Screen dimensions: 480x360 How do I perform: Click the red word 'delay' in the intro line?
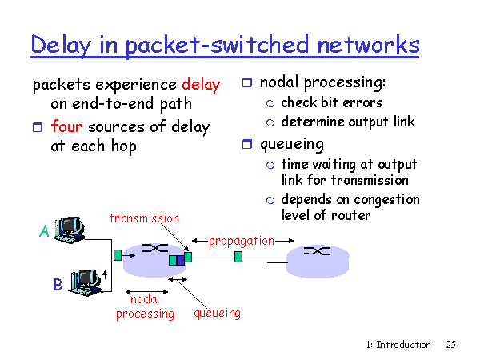click(201, 85)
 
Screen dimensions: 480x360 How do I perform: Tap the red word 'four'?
click(66, 126)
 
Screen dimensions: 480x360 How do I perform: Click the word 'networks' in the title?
click(368, 44)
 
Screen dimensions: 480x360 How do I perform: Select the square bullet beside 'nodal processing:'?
click(247, 82)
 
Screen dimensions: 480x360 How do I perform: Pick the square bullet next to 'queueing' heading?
click(247, 144)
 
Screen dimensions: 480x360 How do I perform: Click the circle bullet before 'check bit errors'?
click(270, 104)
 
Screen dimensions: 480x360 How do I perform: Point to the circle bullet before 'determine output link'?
click(270, 122)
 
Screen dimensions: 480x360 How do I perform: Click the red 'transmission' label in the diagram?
click(144, 218)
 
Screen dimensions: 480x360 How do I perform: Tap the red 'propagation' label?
click(242, 242)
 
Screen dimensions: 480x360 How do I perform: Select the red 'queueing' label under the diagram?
click(217, 314)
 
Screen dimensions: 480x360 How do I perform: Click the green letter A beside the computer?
click(44, 230)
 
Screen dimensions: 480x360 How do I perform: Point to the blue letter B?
click(58, 284)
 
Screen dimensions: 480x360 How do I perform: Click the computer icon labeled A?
click(69, 230)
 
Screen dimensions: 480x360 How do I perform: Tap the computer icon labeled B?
click(86, 282)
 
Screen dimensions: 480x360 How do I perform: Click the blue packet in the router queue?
click(181, 261)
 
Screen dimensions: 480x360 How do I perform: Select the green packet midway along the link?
click(238, 257)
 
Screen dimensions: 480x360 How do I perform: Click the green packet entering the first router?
click(118, 255)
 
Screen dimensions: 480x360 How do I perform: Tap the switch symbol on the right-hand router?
click(317, 251)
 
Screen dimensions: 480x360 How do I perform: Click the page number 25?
click(450, 345)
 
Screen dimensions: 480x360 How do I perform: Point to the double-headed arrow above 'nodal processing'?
click(146, 292)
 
